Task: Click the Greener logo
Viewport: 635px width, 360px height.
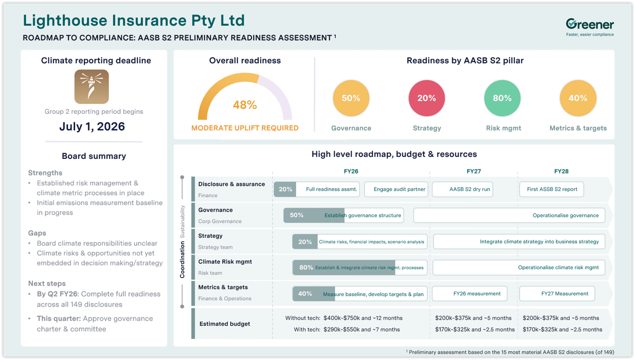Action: coord(589,26)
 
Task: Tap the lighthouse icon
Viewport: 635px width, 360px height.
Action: coord(92,87)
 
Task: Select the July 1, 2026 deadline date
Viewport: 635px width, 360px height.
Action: coord(92,127)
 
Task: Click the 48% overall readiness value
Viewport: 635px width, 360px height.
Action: coord(245,105)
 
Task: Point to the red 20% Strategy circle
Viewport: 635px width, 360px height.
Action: coord(426,98)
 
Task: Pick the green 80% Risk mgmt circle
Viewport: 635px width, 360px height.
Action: coord(502,98)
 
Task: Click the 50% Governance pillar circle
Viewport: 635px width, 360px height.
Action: coord(351,98)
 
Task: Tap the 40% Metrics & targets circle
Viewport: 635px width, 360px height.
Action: coord(578,98)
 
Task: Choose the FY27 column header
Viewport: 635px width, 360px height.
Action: coord(474,171)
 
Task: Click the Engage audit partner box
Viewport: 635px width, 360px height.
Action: coord(396,189)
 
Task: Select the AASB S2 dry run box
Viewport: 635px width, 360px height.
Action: coord(462,189)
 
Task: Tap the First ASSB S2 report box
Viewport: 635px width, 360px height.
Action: coord(552,189)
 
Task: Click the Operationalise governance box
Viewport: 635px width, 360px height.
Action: coord(509,215)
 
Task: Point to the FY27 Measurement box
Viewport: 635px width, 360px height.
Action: coord(557,294)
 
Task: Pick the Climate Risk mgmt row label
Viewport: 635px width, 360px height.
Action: coord(225,262)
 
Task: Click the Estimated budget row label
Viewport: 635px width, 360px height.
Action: coord(224,324)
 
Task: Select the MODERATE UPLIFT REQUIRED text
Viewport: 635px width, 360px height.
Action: coord(245,128)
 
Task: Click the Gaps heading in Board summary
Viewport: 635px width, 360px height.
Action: coord(37,233)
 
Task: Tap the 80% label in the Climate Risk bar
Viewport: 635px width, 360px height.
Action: coord(306,268)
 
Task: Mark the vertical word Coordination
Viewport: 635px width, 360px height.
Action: coord(182,259)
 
